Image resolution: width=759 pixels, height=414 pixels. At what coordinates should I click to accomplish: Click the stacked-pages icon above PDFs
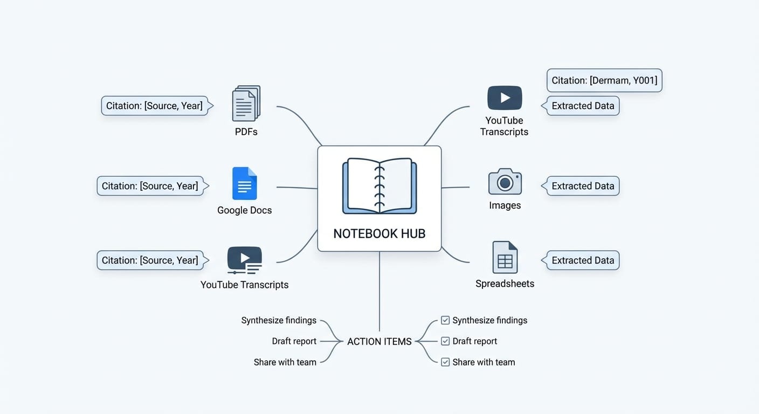coord(246,103)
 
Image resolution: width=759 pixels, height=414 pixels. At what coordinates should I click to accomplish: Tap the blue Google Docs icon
coord(244,183)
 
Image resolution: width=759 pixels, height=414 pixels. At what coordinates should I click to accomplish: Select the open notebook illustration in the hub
coord(379,186)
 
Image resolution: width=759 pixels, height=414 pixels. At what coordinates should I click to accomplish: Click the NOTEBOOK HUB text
coord(379,233)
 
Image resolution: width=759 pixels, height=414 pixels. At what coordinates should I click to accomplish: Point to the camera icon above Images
coord(505,182)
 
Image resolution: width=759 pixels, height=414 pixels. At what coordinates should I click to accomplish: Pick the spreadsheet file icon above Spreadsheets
coord(505,257)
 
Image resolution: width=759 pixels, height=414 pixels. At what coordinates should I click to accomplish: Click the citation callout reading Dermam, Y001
coord(604,80)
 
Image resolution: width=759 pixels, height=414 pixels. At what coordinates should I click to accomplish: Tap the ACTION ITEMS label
coord(379,341)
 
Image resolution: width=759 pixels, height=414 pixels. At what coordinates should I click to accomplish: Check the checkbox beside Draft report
coord(445,341)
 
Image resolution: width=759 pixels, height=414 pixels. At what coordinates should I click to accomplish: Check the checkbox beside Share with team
coord(445,362)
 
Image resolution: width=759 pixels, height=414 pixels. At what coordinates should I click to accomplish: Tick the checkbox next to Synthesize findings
coord(445,320)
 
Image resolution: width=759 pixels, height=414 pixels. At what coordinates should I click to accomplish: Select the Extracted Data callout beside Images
coord(583,186)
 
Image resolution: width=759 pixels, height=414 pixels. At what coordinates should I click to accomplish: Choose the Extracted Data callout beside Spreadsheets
coord(583,260)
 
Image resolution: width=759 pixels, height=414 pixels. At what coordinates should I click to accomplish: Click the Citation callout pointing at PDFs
coord(154,106)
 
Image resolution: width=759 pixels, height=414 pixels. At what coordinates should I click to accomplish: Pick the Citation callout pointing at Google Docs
coord(150,186)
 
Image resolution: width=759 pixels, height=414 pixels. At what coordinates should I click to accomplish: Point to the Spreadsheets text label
coord(505,284)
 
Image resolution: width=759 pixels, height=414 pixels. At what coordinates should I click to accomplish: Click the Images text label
coord(505,205)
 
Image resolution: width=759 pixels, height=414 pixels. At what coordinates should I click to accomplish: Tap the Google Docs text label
coord(244,210)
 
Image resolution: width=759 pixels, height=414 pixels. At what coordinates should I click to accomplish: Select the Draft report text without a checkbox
coord(294,341)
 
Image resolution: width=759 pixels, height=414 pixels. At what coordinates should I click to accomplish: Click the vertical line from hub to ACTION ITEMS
coord(379,291)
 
